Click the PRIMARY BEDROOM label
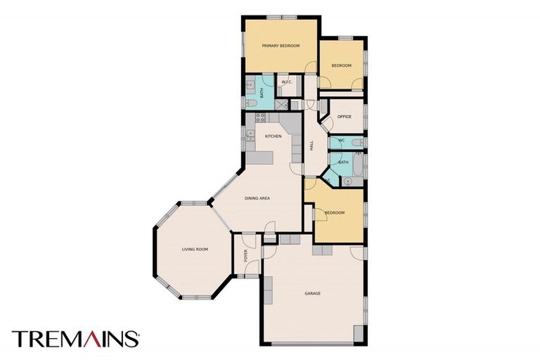281,46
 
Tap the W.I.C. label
287,83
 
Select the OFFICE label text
344,116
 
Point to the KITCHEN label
273,136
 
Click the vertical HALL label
311,146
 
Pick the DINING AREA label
257,198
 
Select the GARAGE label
313,293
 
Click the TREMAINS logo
75,339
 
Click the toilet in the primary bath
250,103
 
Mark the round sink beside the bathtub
346,181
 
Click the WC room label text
341,141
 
